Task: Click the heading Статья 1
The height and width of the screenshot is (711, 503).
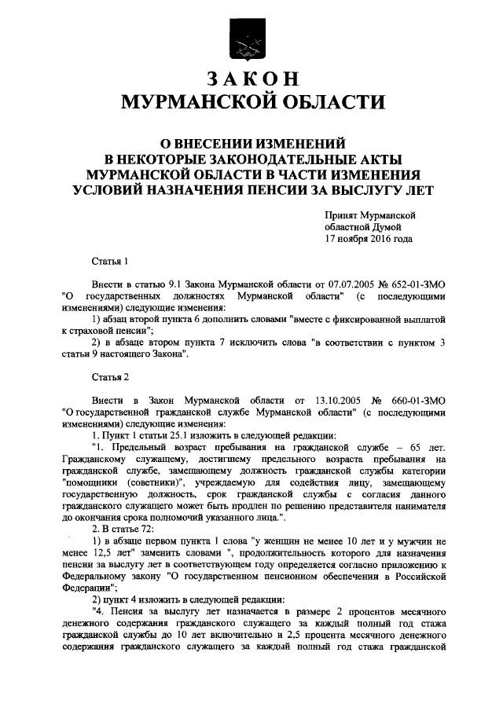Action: (109, 260)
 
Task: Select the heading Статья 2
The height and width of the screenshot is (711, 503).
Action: (109, 377)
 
